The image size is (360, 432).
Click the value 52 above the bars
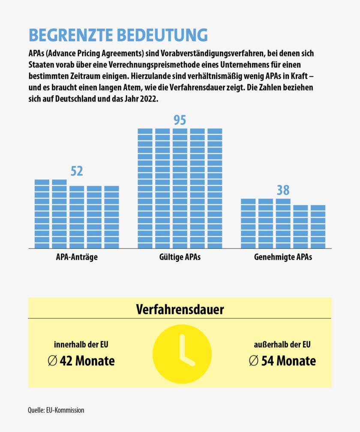77,171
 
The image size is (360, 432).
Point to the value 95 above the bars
180,120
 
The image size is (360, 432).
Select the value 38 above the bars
283,190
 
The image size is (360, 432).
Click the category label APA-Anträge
77,258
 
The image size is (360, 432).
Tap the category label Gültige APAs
180,258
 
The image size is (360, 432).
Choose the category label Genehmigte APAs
283,258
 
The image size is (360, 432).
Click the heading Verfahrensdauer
180,309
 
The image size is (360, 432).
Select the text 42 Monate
87,361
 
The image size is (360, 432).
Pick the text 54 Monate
288,361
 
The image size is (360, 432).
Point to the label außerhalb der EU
282,344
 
